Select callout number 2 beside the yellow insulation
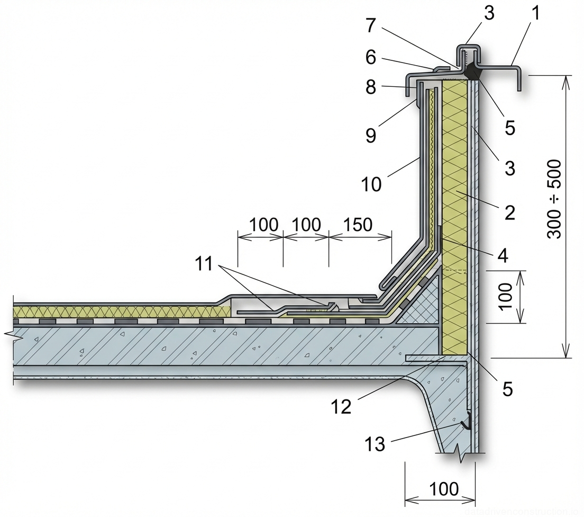(x=509, y=213)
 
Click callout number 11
(x=204, y=263)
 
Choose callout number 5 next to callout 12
(x=507, y=389)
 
